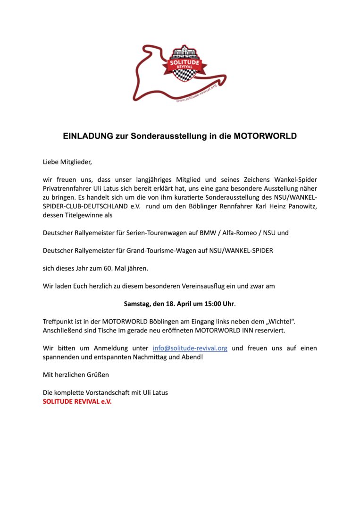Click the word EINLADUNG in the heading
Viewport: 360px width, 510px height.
tap(88, 136)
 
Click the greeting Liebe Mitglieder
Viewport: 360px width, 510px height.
tap(67, 162)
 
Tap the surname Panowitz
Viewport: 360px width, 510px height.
tap(295, 205)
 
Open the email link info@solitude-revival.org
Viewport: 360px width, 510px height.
tap(190, 348)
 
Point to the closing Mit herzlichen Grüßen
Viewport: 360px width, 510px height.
tap(75, 375)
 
